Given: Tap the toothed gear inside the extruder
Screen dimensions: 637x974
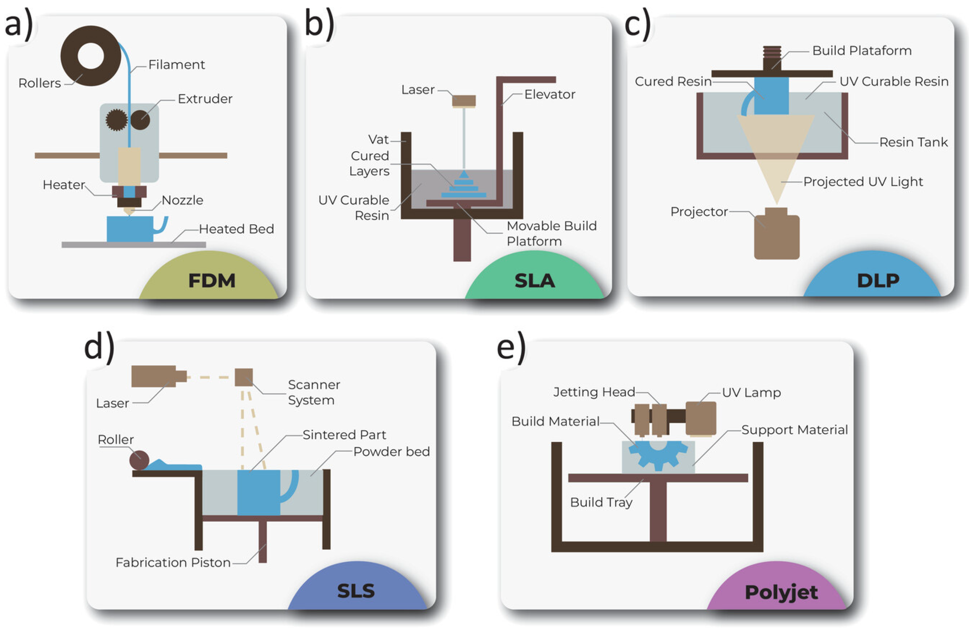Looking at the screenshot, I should click(116, 120).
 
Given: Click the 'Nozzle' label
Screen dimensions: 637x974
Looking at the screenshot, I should click(183, 200).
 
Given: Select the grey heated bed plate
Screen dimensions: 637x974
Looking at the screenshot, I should click(133, 245).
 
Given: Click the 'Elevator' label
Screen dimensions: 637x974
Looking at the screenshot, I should click(550, 95).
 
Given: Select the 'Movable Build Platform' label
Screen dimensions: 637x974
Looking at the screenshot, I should click(551, 233).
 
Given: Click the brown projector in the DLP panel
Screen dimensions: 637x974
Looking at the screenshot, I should click(776, 237).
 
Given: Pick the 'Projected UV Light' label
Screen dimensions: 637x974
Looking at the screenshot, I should click(863, 182).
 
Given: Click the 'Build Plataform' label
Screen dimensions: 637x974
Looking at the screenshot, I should click(862, 51).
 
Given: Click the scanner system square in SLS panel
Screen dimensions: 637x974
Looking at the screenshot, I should click(243, 377).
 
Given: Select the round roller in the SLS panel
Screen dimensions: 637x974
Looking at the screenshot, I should click(139, 460).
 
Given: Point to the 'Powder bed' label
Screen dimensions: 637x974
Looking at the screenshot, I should click(391, 452).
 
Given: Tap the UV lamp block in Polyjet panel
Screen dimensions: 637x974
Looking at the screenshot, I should click(701, 418).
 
